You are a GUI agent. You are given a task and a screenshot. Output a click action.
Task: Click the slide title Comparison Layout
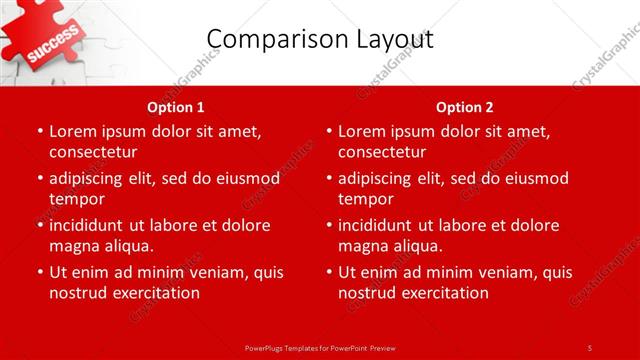(x=319, y=39)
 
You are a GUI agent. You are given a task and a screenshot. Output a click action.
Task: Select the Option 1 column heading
(x=175, y=107)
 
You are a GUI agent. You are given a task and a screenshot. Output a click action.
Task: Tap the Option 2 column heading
(x=464, y=107)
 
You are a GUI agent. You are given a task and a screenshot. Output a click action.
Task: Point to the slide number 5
(x=590, y=347)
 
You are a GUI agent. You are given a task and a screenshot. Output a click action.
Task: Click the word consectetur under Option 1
(x=93, y=152)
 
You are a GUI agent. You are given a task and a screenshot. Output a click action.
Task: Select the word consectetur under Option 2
(x=382, y=152)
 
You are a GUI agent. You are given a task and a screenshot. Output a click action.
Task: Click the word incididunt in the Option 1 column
(x=87, y=225)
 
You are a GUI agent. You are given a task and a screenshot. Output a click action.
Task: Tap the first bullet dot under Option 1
(x=40, y=131)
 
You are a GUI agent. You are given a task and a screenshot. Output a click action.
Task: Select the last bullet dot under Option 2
(x=329, y=272)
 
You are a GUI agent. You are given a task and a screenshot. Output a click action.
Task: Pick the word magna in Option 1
(x=74, y=246)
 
